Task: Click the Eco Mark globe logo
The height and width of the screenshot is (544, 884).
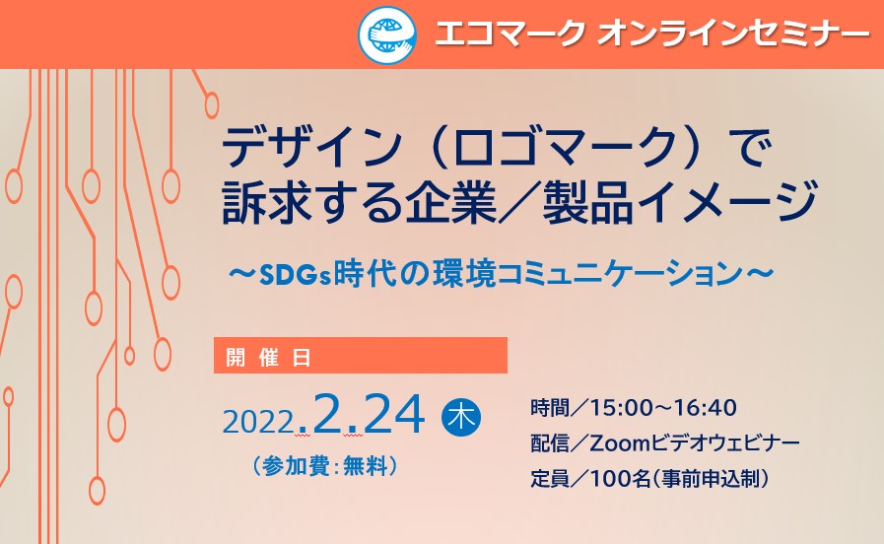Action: [387, 34]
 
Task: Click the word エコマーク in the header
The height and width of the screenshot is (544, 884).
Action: [510, 34]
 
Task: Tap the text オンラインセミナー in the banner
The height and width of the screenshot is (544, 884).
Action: [733, 34]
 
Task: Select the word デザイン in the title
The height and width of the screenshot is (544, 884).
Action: [310, 148]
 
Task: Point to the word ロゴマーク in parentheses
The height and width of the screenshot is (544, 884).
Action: [565, 148]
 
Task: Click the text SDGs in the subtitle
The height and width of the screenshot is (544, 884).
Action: [295, 275]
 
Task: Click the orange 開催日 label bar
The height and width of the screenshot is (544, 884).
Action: [361, 355]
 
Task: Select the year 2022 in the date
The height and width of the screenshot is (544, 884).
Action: [259, 421]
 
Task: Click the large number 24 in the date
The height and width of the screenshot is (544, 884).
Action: [393, 413]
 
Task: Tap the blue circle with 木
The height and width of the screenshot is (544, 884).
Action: [461, 417]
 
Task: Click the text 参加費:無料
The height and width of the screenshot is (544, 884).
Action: [325, 466]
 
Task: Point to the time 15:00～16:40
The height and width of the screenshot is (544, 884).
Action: [663, 408]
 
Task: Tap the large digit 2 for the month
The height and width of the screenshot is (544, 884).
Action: [330, 413]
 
